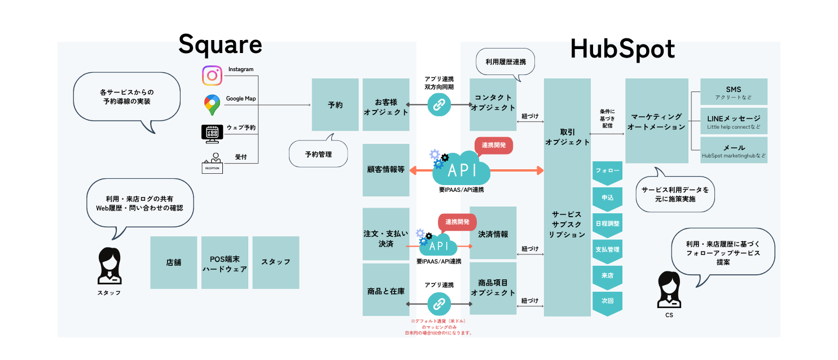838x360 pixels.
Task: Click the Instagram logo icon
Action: point(212,76)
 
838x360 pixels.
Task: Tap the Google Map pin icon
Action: point(212,104)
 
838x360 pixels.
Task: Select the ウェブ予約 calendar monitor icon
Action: point(212,133)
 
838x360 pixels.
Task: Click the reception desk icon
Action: point(213,163)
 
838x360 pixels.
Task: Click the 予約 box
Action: point(335,104)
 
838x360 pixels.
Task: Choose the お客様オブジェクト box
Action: point(386,104)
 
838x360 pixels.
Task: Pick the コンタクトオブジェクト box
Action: point(493,104)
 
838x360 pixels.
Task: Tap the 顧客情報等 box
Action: point(386,169)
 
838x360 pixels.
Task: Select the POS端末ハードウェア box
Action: point(225,262)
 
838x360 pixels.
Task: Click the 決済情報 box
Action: point(493,233)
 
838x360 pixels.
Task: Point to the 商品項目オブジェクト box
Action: point(493,288)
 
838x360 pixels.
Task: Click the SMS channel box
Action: point(734,92)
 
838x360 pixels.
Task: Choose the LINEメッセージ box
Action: point(734,121)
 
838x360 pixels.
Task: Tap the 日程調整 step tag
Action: point(607,223)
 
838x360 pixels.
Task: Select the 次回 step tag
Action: point(607,301)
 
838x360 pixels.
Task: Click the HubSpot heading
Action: point(622,49)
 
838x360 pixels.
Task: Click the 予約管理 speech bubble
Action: point(318,153)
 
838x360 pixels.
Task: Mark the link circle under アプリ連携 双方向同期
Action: point(439,104)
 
